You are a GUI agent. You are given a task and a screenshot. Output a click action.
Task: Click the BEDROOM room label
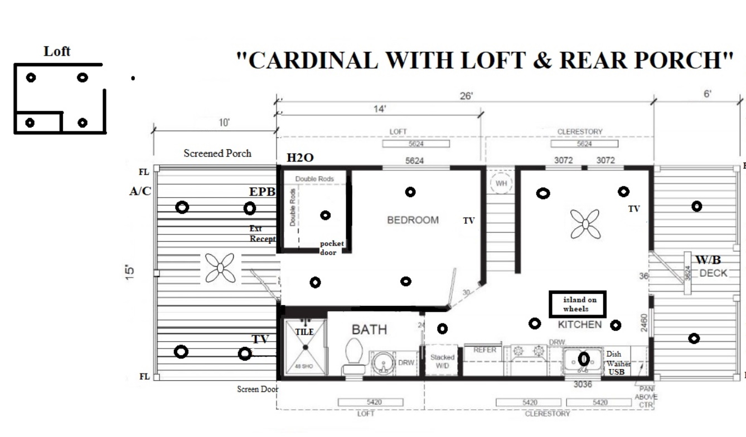pyautogui.click(x=413, y=220)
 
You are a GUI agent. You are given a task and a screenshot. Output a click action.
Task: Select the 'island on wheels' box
pyautogui.click(x=577, y=304)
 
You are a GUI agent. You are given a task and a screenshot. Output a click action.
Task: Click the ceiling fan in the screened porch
pyautogui.click(x=220, y=268)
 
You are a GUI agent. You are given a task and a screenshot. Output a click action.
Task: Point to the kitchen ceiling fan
pyautogui.click(x=585, y=224)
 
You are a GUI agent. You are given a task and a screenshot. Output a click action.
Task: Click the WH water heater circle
pyautogui.click(x=501, y=183)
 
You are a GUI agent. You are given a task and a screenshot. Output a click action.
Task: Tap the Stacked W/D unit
pyautogui.click(x=442, y=361)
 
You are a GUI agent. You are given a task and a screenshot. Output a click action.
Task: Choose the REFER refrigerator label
pyautogui.click(x=485, y=350)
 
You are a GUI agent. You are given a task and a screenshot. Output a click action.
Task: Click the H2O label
pyautogui.click(x=300, y=158)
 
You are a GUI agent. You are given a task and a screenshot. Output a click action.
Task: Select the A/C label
pyautogui.click(x=140, y=192)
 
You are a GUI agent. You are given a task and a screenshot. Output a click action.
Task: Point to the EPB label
pyautogui.click(x=262, y=192)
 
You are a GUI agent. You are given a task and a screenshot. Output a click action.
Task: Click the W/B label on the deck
pyautogui.click(x=708, y=260)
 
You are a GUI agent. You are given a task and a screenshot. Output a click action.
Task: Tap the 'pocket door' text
pyautogui.click(x=332, y=248)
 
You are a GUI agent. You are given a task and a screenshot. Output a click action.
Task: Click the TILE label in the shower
pyautogui.click(x=304, y=332)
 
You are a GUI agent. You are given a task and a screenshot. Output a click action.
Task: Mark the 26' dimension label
pyautogui.click(x=466, y=96)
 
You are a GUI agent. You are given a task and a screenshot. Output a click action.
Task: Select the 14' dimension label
pyautogui.click(x=379, y=109)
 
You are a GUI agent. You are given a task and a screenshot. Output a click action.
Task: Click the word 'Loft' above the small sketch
pyautogui.click(x=57, y=51)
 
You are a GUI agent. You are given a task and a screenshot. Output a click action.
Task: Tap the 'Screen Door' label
pyautogui.click(x=257, y=389)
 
